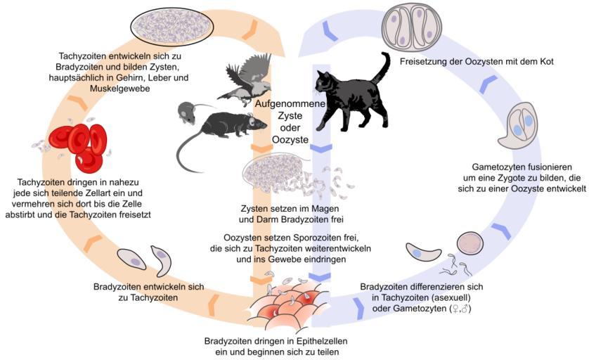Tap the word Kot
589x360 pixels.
546,61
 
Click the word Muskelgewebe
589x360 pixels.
119,89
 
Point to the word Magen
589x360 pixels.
326,209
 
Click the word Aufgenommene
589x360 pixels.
290,104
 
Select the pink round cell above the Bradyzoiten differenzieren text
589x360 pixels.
470,243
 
